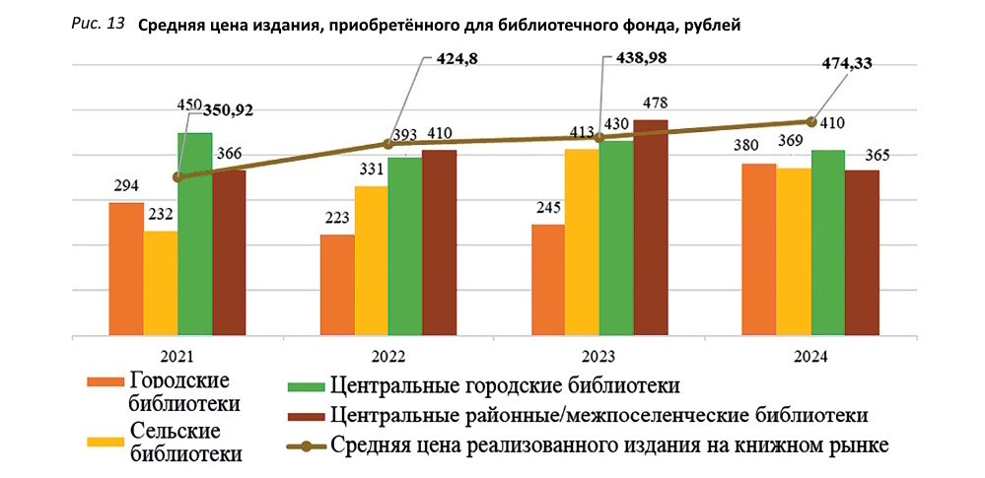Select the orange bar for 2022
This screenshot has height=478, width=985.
337,286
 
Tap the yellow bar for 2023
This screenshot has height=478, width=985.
582,242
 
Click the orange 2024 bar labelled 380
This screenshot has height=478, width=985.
758,250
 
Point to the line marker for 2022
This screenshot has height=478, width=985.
387,144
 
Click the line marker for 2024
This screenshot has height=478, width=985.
810,121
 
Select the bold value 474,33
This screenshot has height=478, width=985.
847,64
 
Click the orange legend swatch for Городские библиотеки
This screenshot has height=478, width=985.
104,382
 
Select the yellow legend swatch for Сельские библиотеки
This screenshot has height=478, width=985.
104,442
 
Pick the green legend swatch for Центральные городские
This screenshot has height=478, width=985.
305,384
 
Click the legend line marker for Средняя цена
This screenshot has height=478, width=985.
305,446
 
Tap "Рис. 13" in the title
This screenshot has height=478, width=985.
98,24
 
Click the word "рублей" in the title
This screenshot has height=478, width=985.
711,25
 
